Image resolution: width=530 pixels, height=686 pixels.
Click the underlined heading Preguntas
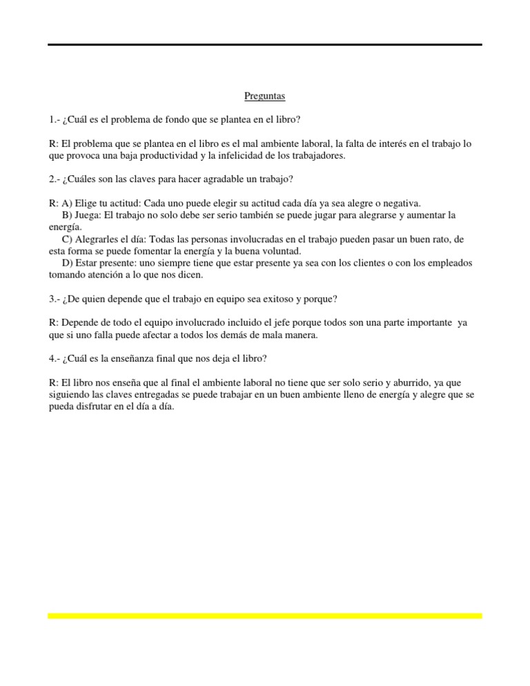(x=265, y=96)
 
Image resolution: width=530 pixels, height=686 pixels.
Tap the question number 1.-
(x=53, y=121)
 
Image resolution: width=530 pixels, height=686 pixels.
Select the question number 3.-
(x=53, y=298)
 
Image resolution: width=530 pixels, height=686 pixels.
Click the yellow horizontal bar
(x=265, y=616)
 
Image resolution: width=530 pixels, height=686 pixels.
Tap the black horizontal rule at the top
(x=265, y=45)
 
